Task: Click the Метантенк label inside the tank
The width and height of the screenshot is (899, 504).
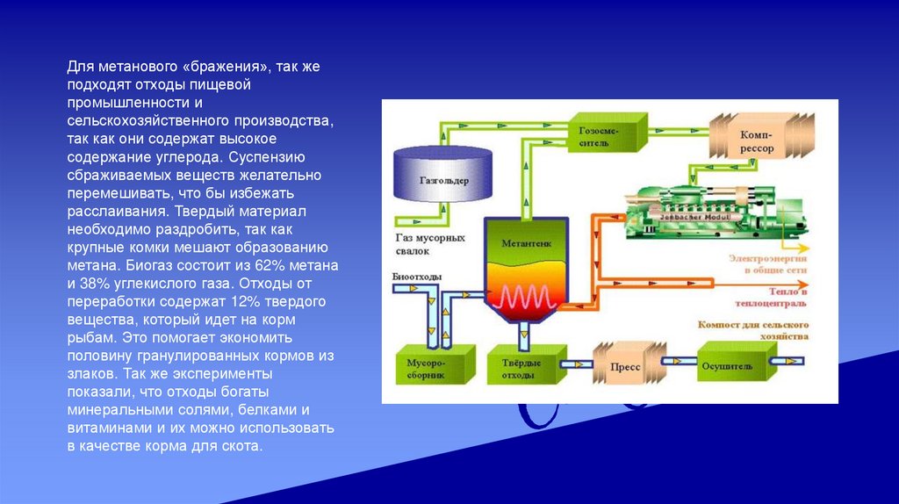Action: (525, 242)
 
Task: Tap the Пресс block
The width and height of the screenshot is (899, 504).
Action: (626, 366)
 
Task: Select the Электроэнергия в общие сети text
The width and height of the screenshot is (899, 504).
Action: (767, 264)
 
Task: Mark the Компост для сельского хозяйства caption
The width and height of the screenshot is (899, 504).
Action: (752, 329)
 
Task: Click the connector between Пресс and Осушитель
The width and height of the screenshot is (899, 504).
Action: (676, 361)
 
